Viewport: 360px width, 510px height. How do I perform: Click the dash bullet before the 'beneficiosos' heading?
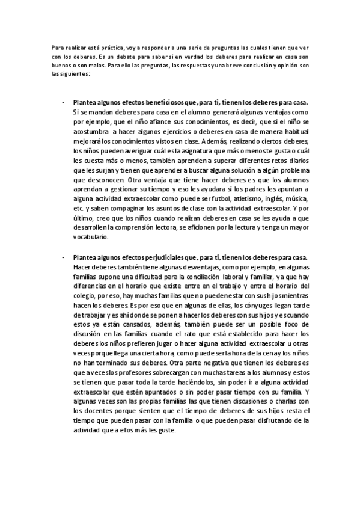[63, 103]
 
